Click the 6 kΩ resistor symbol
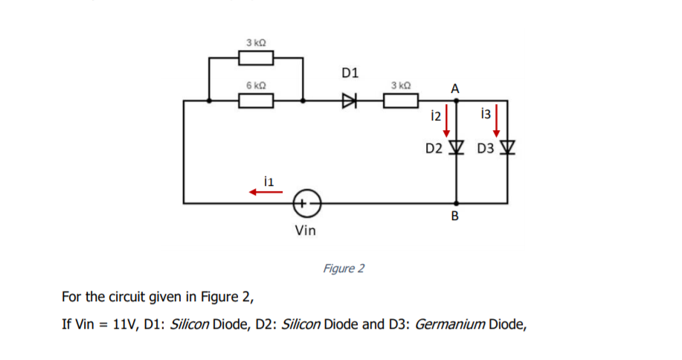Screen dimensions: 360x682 pos(255,100)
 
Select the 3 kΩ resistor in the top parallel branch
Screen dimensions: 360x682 pos(255,57)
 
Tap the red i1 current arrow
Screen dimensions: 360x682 pos(266,192)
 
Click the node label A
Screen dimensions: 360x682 pos(455,89)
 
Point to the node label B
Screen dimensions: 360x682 pos(455,216)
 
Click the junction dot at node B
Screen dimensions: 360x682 pos(457,202)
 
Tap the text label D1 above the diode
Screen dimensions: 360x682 pos(350,73)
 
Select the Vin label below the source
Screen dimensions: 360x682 pos(305,231)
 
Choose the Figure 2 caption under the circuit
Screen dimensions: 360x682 pos(344,268)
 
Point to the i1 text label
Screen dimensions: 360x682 pos(269,179)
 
